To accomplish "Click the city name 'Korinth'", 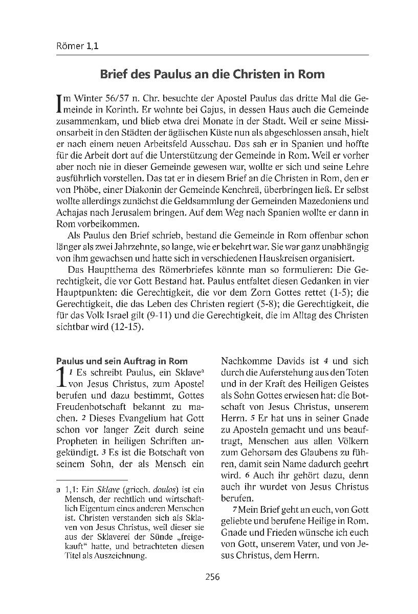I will point(129,109).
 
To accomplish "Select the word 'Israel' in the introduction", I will point(121,315).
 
